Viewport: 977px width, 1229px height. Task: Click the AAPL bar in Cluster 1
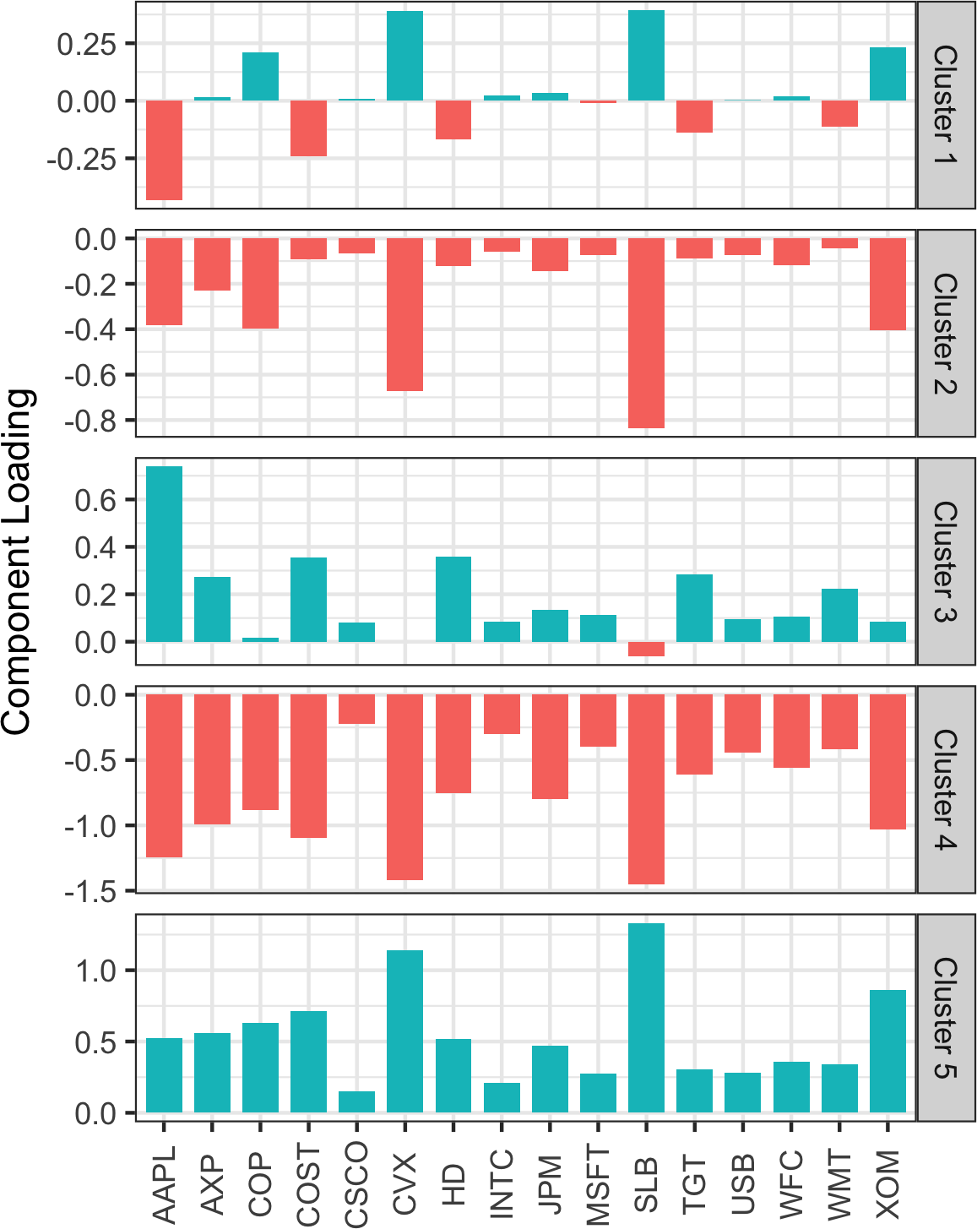164,150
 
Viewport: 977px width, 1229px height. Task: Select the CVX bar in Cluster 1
404,56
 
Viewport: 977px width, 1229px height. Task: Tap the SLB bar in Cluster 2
646,333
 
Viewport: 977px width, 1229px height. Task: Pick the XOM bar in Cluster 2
887,284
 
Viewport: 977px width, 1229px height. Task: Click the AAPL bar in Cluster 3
164,553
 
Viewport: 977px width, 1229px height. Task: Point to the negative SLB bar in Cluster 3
646,649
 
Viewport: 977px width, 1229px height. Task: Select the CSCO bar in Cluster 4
356,710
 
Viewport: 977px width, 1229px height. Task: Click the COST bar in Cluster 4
308,765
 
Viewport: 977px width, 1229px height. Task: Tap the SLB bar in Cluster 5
646,1018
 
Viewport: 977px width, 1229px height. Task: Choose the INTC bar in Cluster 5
502,1097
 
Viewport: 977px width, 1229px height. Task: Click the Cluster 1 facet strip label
946,105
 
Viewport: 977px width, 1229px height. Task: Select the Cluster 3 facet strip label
946,562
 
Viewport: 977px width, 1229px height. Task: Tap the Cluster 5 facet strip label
946,1018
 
